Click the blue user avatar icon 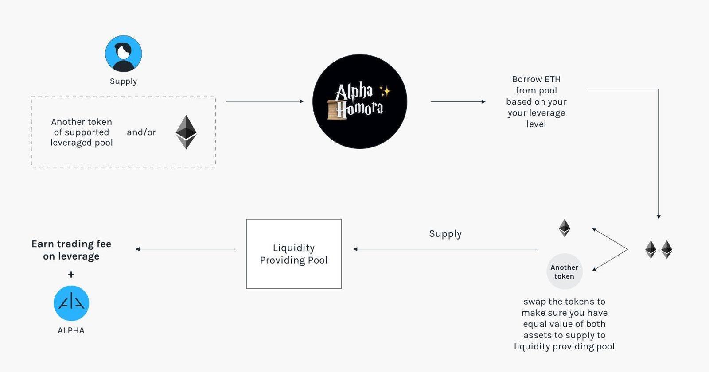point(124,54)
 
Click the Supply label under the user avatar point(123,81)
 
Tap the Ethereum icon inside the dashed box point(186,132)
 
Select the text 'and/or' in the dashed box point(141,132)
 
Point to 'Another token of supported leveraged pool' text point(82,132)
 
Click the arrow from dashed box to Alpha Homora point(265,101)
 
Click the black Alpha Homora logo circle point(360,101)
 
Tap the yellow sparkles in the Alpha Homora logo point(385,91)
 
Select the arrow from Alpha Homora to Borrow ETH point(458,102)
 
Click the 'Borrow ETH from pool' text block point(536,101)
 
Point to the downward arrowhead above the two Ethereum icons point(658,217)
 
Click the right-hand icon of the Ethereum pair point(666,249)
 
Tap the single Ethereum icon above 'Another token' point(564,228)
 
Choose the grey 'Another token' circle point(564,271)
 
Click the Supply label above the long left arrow point(445,233)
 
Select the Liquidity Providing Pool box point(294,254)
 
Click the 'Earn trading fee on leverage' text point(71,250)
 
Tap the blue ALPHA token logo point(71,303)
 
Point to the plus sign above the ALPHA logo point(71,275)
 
